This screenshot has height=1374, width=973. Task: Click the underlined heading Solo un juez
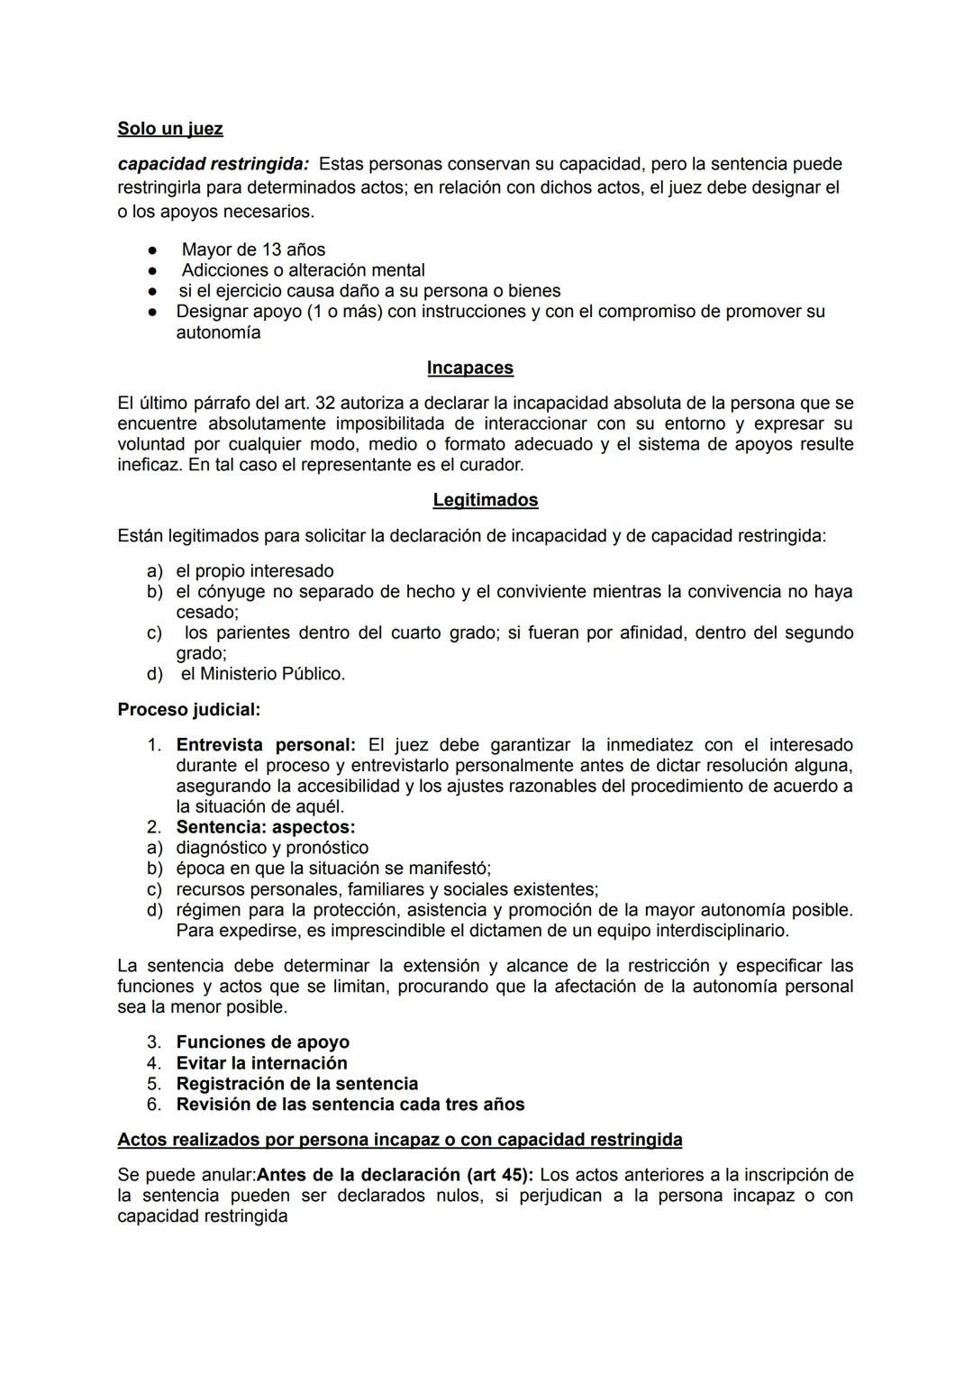coord(169,129)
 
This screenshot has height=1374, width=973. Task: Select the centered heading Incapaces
coord(469,368)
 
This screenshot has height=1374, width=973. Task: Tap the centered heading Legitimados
coord(485,500)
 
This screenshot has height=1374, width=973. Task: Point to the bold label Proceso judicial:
coord(189,710)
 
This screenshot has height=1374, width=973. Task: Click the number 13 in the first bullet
coord(271,250)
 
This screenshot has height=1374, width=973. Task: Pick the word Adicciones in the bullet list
coord(225,270)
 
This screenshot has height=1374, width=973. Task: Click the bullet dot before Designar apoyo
coord(154,312)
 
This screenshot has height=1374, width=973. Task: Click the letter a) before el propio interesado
coord(155,571)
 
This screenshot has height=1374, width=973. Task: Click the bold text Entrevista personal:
coord(266,745)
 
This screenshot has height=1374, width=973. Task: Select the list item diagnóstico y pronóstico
coord(272,848)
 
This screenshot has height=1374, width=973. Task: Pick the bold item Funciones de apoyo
coord(262,1042)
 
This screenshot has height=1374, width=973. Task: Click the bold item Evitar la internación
coord(261,1063)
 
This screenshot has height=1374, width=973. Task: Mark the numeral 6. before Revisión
coord(154,1105)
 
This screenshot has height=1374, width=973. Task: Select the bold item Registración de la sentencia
coord(296,1084)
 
